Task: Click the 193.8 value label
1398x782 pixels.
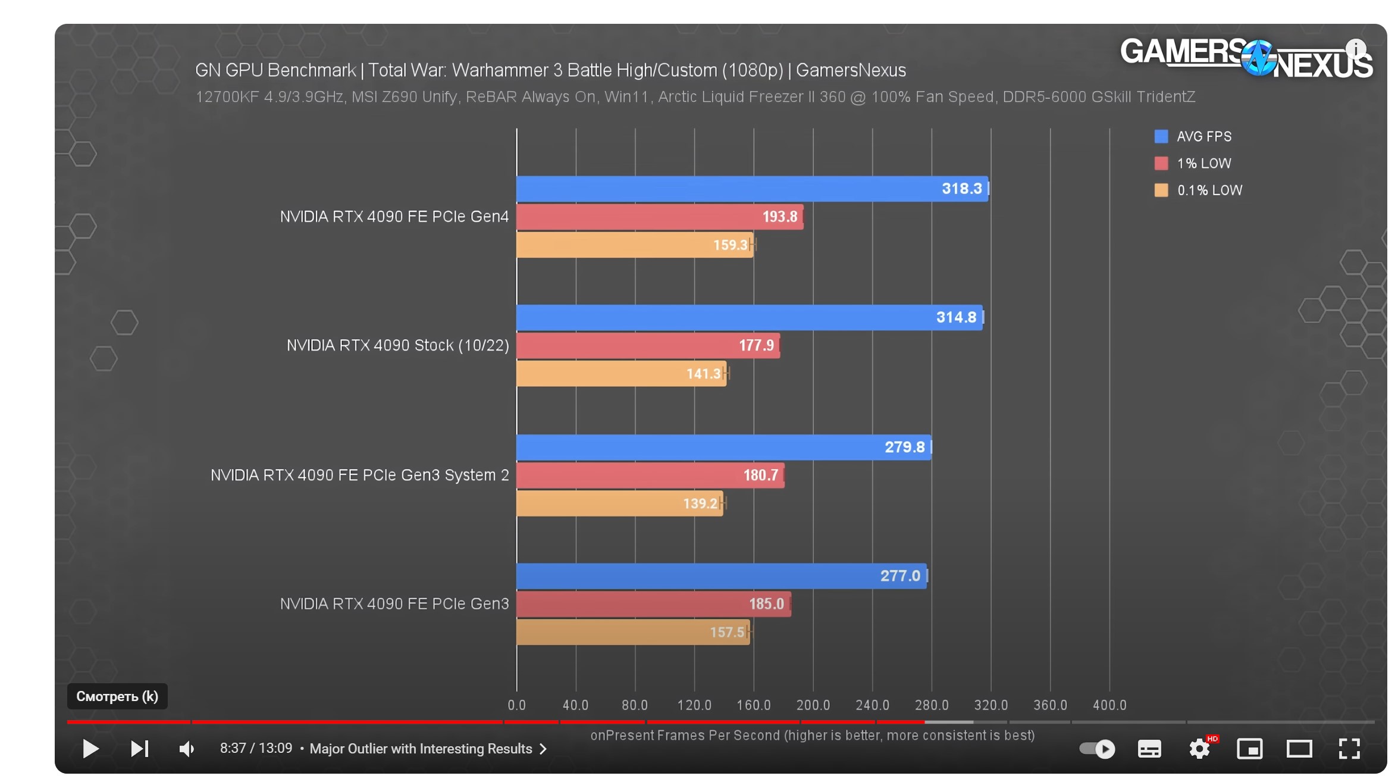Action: [x=779, y=217]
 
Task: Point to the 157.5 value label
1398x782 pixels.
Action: [x=727, y=632]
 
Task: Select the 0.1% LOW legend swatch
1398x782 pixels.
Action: [x=1161, y=190]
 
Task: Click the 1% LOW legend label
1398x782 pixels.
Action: [x=1203, y=164]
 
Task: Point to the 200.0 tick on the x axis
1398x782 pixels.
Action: [x=813, y=705]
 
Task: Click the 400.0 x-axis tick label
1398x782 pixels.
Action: [x=1109, y=705]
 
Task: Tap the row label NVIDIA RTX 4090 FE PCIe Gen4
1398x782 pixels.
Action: [x=394, y=217]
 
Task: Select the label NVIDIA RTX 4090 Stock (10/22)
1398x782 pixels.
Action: [x=397, y=346]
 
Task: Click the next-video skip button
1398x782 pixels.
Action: [x=139, y=749]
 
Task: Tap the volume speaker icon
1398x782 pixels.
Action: [x=187, y=749]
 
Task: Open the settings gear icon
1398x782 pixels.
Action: [x=1199, y=749]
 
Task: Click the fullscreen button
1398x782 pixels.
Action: [x=1349, y=749]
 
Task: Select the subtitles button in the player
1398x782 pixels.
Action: [x=1149, y=749]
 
